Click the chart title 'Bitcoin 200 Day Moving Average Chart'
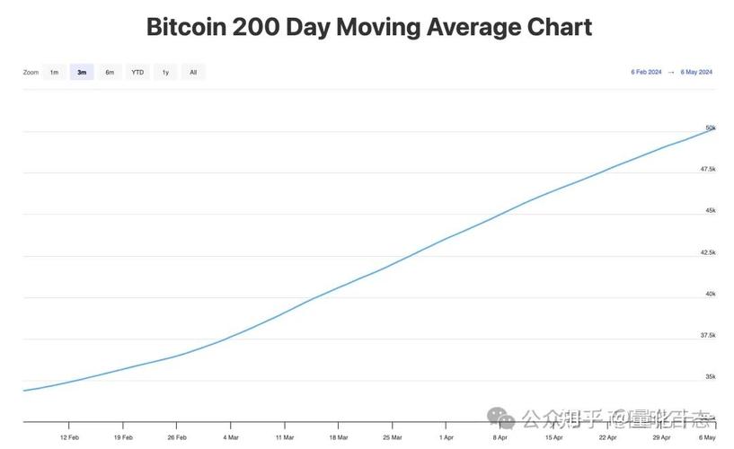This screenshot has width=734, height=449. coord(368,26)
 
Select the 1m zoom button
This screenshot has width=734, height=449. coord(54,72)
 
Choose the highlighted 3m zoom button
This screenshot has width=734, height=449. coord(82,72)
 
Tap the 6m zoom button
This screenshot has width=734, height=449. coord(110,72)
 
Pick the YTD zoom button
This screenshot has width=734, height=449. coord(137,72)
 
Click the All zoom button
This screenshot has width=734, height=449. coord(192,72)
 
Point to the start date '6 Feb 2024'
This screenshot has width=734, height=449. coord(646,72)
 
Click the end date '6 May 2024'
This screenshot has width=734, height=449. coord(696,72)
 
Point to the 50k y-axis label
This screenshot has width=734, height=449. coord(710,128)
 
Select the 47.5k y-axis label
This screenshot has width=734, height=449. coord(708,169)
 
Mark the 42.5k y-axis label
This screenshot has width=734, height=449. coord(708,252)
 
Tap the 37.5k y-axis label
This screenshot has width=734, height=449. coord(708,335)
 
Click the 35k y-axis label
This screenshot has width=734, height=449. coord(710,376)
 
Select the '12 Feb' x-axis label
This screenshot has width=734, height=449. coord(70,437)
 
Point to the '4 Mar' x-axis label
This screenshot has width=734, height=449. coord(232,437)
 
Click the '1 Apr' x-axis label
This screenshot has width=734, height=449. coord(447,437)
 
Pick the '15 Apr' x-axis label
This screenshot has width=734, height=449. coord(553,437)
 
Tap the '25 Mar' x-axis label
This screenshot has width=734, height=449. coord(392,437)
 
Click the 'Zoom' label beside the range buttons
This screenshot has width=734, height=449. coord(31,72)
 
